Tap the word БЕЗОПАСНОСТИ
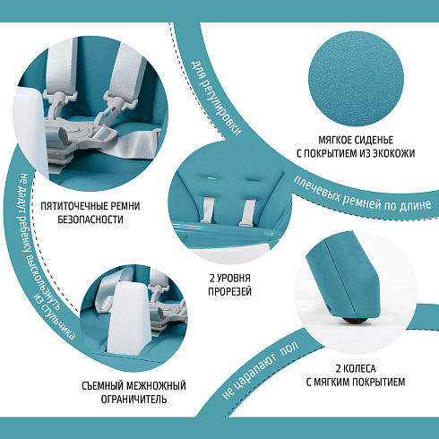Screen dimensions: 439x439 click(90, 219)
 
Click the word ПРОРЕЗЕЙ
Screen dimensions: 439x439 click(229, 291)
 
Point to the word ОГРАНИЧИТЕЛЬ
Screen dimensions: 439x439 click(133, 400)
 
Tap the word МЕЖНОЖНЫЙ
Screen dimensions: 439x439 click(156, 386)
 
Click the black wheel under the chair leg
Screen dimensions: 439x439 click(356, 321)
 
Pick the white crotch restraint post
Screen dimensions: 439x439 click(127, 317)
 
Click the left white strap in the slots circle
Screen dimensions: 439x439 click(207, 210)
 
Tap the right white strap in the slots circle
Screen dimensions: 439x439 click(247, 211)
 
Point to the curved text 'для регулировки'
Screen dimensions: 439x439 click(216, 98)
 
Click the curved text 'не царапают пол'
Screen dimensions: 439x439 click(260, 370)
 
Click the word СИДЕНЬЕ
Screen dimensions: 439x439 click(373, 140)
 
